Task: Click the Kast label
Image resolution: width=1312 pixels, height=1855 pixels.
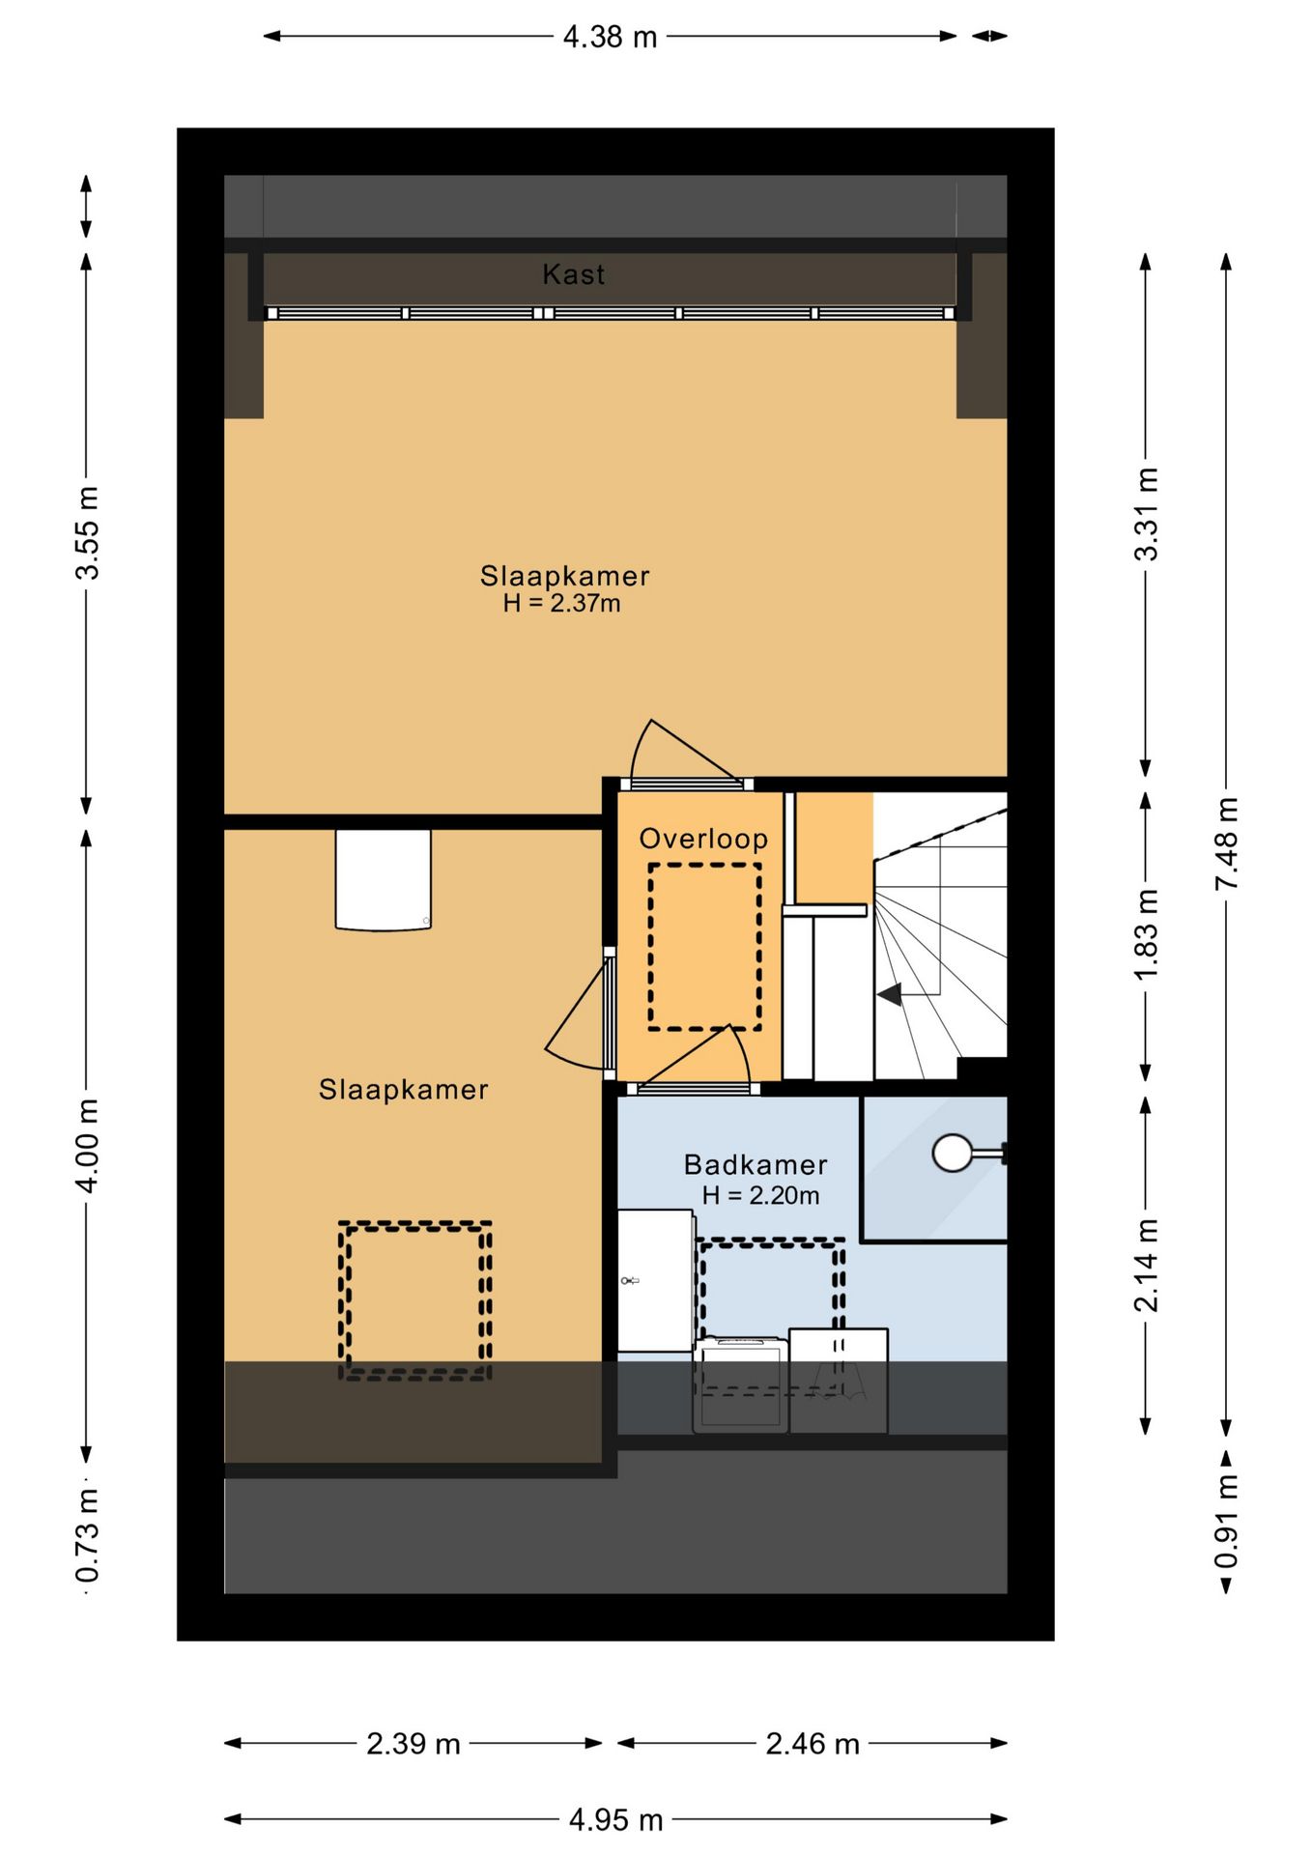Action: pos(574,274)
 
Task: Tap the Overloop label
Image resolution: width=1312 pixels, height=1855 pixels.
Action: pos(703,839)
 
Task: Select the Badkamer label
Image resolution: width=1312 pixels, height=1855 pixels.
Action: pos(756,1164)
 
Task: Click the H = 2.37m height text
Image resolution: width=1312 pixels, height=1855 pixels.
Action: pos(562,604)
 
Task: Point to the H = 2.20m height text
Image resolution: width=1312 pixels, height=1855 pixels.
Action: pos(760,1196)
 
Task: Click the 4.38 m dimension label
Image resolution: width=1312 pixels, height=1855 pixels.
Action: pos(611,37)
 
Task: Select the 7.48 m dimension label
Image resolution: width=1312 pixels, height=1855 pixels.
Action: pos(1226,844)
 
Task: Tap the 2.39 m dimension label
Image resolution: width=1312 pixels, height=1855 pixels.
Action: pos(414,1744)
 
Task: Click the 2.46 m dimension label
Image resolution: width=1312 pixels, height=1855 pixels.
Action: pos(813,1744)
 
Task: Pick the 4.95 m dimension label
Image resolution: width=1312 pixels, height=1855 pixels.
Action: pos(615,1820)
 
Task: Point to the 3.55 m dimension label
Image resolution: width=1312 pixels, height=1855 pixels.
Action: pos(87,533)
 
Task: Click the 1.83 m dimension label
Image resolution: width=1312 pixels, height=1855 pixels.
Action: pos(1146,934)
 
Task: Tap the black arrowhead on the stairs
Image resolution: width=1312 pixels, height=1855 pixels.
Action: pos(890,994)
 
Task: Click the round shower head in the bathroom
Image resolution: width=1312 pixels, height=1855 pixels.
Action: pos(953,1153)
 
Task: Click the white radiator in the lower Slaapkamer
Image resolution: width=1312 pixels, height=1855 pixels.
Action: pos(384,879)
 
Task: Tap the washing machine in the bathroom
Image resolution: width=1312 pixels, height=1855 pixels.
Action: pos(740,1384)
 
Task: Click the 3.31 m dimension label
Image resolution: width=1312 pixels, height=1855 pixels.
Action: pos(1146,514)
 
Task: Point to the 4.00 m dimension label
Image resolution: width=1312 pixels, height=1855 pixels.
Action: pos(87,1145)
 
